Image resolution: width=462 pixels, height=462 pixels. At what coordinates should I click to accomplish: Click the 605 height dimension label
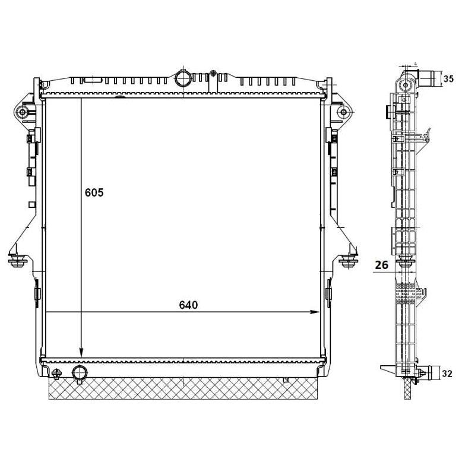click(94, 192)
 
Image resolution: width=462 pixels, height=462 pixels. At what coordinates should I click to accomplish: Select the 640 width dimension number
click(188, 305)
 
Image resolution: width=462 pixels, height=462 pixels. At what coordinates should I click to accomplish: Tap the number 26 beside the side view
click(382, 265)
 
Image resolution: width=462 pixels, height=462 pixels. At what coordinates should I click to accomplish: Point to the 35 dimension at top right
click(449, 78)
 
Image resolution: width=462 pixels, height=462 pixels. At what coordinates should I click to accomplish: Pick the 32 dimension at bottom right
click(448, 374)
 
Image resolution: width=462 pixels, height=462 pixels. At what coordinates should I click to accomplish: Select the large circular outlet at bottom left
click(79, 373)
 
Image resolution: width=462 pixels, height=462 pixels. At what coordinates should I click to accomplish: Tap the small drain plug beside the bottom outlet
click(57, 374)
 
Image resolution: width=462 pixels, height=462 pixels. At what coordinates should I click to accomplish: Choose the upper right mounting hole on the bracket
click(342, 112)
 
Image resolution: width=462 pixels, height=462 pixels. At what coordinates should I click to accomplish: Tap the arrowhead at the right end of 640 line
click(316, 312)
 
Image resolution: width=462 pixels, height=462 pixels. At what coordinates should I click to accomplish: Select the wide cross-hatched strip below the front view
click(184, 389)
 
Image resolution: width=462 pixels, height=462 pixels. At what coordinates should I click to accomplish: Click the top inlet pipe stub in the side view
click(426, 78)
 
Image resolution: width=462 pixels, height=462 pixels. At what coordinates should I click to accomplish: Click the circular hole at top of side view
click(406, 85)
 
